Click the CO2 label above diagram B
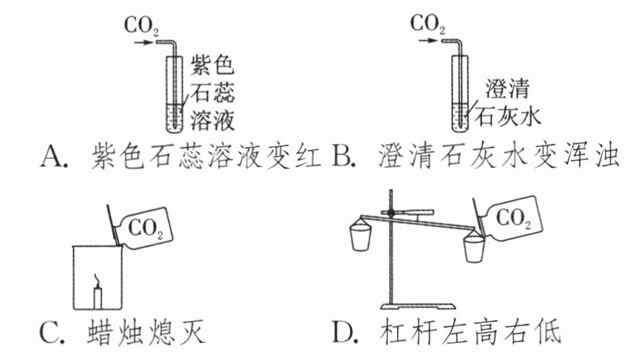[427, 26]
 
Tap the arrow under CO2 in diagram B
[429, 43]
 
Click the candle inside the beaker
[98, 296]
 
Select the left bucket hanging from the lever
[361, 236]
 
